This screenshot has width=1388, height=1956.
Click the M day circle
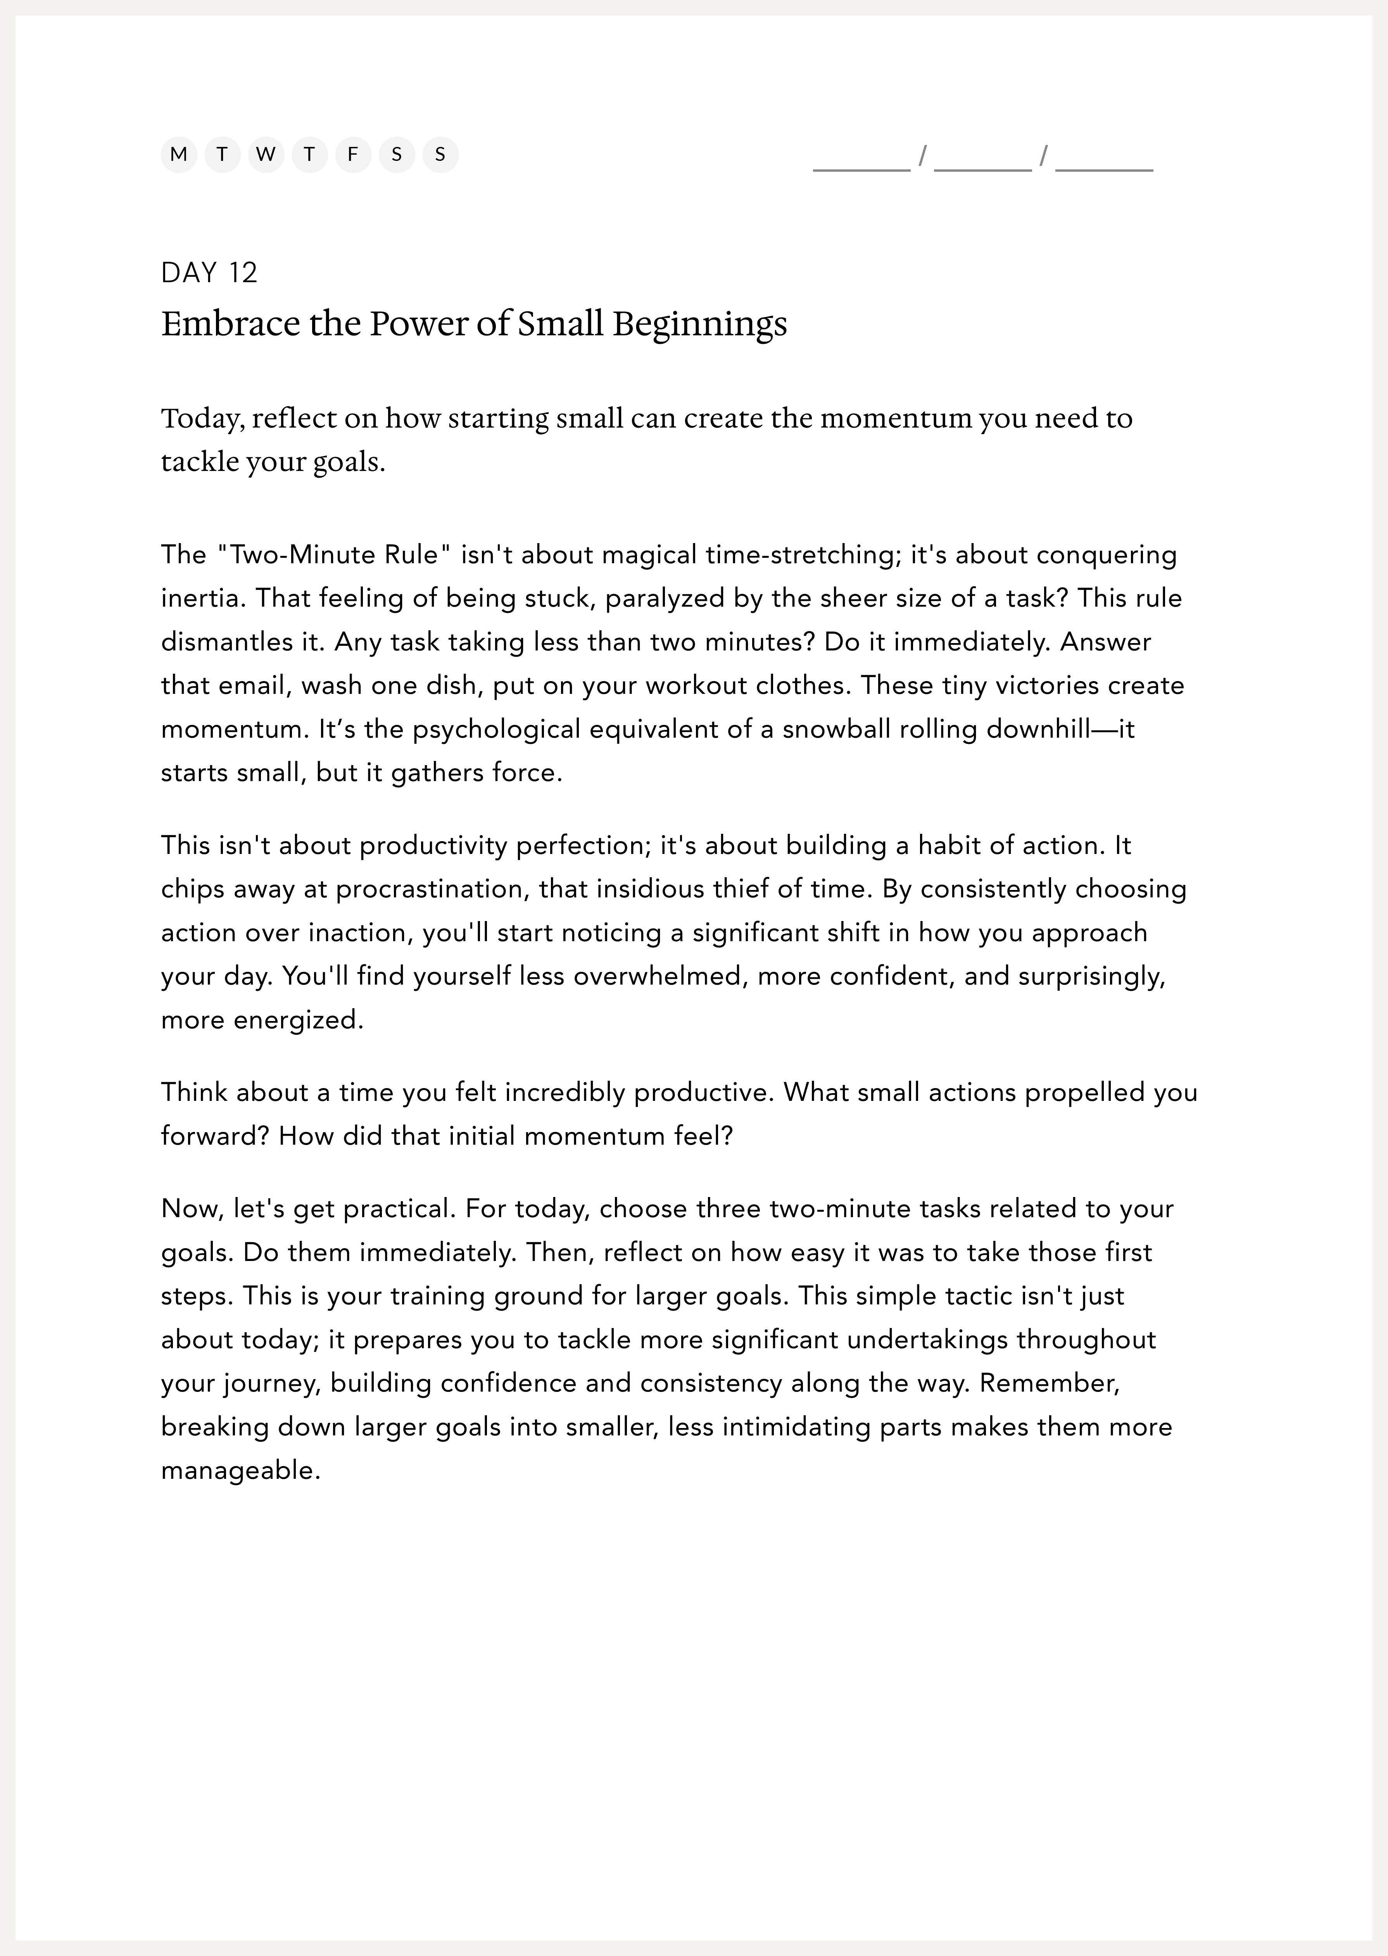coord(179,155)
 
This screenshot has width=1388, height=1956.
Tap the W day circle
coord(266,155)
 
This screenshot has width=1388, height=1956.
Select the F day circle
coord(353,155)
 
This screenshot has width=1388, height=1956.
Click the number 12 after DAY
coord(243,273)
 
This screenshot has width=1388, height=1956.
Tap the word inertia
coord(202,598)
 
